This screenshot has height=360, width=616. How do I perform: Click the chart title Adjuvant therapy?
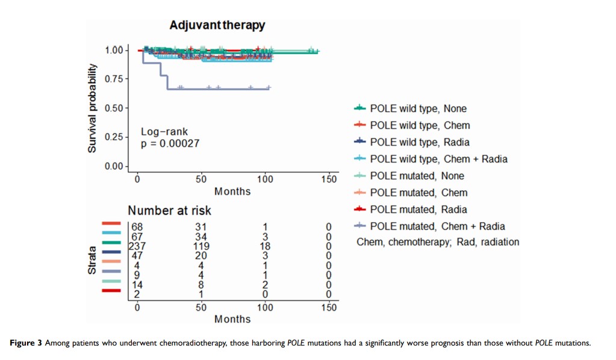pos(217,25)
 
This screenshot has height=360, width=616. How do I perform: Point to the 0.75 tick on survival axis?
pos(114,79)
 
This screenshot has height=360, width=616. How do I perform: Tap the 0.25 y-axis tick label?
pos(114,137)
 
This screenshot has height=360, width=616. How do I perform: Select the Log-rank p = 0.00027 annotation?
pos(170,138)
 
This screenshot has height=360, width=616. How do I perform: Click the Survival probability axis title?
pos(92,108)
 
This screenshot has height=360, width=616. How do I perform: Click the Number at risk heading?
pos(169,211)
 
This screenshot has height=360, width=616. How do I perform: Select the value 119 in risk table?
pos(201,246)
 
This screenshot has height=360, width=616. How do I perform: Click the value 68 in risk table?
pos(137,226)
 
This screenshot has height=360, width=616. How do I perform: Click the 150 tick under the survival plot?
pos(329,179)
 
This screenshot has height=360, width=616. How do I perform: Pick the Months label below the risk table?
pos(232,319)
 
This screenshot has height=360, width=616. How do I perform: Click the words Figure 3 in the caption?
pos(26,343)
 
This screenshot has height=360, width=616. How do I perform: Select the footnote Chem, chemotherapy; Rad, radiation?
pos(438,242)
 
